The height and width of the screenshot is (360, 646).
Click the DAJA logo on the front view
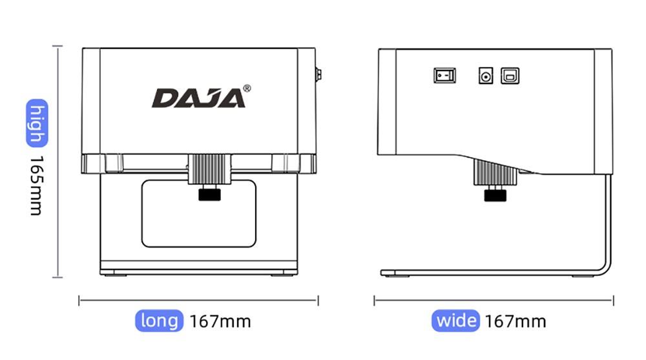point(198,98)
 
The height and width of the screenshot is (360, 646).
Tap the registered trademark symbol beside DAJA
point(247,88)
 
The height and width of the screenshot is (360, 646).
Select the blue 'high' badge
point(37,124)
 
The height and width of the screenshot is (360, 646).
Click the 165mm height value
point(36,185)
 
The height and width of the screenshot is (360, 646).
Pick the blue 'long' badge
point(159,321)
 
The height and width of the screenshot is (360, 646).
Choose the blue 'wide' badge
point(455,321)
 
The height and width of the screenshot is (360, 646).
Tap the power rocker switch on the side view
point(444,76)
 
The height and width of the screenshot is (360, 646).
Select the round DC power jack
point(485,76)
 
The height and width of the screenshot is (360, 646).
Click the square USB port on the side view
point(510,76)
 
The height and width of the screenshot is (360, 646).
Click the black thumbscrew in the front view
point(208,195)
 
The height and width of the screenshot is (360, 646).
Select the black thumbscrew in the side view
point(494,195)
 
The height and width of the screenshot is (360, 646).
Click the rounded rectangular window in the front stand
point(198,213)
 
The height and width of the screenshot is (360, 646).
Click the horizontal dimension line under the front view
point(198,300)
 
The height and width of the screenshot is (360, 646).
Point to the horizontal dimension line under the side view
point(494,300)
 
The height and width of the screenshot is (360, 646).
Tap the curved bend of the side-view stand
point(605,264)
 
